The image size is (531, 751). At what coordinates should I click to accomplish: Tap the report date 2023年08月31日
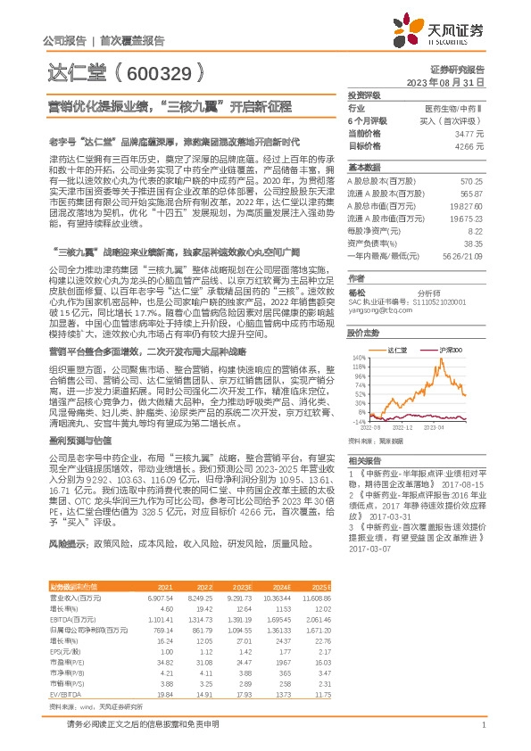pyautogui.click(x=445, y=81)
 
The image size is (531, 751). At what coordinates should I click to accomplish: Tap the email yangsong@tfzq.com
pyautogui.click(x=373, y=311)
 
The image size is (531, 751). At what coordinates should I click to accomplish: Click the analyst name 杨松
pyautogui.click(x=356, y=291)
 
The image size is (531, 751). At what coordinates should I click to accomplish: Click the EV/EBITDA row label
pyautogui.click(x=64, y=694)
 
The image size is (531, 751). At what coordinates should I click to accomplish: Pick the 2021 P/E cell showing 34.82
pyautogui.click(x=165, y=664)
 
